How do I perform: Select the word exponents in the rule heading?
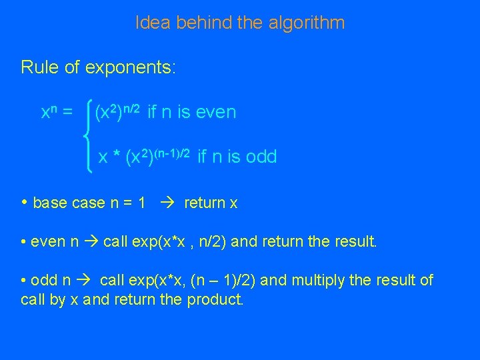(134, 67)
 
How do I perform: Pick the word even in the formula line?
(217, 112)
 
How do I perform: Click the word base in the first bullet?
(49, 203)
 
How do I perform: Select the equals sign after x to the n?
(67, 113)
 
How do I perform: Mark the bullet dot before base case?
(24, 202)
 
